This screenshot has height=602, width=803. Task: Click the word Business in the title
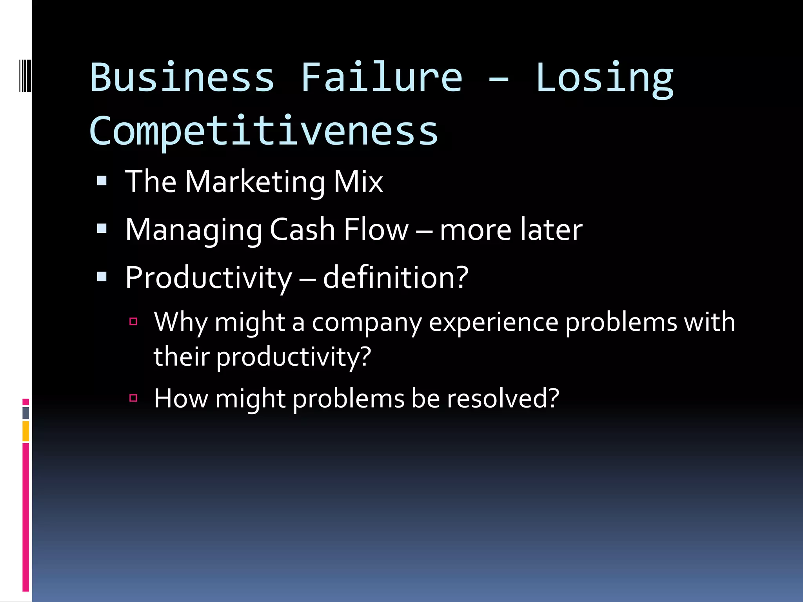[182, 77]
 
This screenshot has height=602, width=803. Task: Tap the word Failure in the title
[382, 77]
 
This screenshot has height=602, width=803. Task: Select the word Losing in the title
[604, 78]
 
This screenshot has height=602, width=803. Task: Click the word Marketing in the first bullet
[255, 182]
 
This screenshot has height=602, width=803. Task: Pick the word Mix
[358, 182]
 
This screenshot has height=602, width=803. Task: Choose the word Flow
[376, 230]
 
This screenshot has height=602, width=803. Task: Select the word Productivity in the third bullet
[209, 278]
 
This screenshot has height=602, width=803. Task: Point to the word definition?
[396, 277]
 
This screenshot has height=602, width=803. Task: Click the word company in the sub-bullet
[367, 323]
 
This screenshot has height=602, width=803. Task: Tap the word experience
[493, 323]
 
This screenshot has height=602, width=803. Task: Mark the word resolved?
[503, 399]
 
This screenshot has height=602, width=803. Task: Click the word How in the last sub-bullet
[181, 399]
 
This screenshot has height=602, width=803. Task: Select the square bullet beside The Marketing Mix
[102, 181]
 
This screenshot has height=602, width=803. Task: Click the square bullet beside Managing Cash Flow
[102, 228]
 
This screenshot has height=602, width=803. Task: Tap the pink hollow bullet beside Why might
[133, 322]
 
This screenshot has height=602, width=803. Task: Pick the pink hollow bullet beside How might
[133, 398]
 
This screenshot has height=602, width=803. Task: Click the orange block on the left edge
[26, 431]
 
